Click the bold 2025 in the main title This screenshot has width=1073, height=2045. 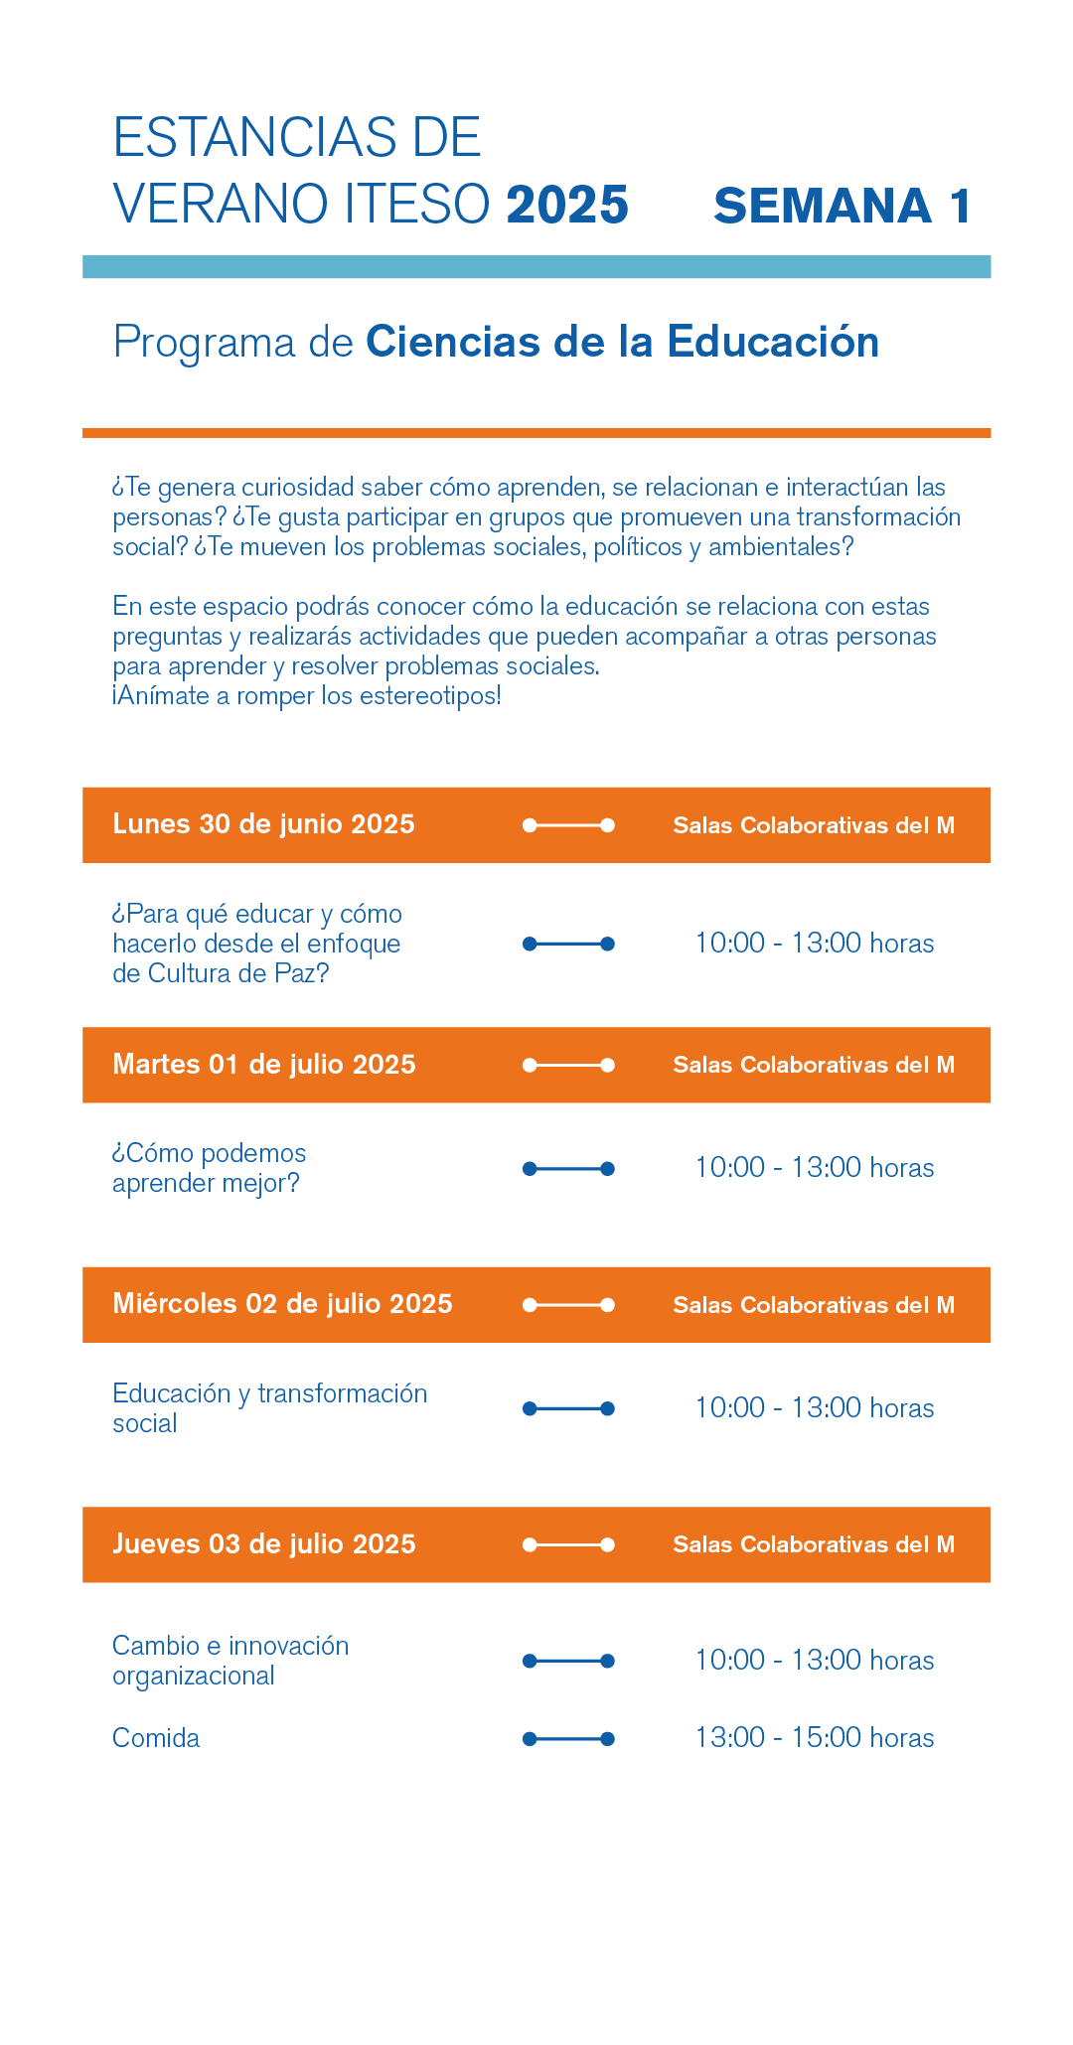click(x=567, y=205)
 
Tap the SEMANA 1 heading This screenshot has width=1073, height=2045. click(x=842, y=206)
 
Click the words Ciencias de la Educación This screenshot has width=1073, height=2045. click(x=622, y=342)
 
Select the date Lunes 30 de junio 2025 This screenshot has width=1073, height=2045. click(x=263, y=824)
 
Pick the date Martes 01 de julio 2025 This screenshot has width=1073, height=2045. click(x=263, y=1065)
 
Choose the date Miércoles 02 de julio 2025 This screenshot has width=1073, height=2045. click(x=282, y=1304)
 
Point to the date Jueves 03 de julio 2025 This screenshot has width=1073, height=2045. click(x=263, y=1544)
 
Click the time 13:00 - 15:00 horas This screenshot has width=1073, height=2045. click(x=814, y=1738)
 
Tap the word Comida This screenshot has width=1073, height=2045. click(x=156, y=1738)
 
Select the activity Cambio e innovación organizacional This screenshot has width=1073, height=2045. click(x=230, y=1661)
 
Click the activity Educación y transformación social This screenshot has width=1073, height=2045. click(x=269, y=1408)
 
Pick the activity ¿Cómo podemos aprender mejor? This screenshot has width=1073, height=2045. click(x=209, y=1168)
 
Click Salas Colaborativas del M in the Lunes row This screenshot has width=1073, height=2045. click(x=814, y=825)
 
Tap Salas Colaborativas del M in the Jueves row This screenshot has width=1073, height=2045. click(x=814, y=1544)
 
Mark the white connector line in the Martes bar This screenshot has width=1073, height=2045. click(x=568, y=1065)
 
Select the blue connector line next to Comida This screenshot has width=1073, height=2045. click(x=568, y=1739)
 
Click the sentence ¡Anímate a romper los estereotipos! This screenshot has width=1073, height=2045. click(x=307, y=695)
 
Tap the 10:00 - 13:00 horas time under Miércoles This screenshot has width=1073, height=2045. click(x=814, y=1408)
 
